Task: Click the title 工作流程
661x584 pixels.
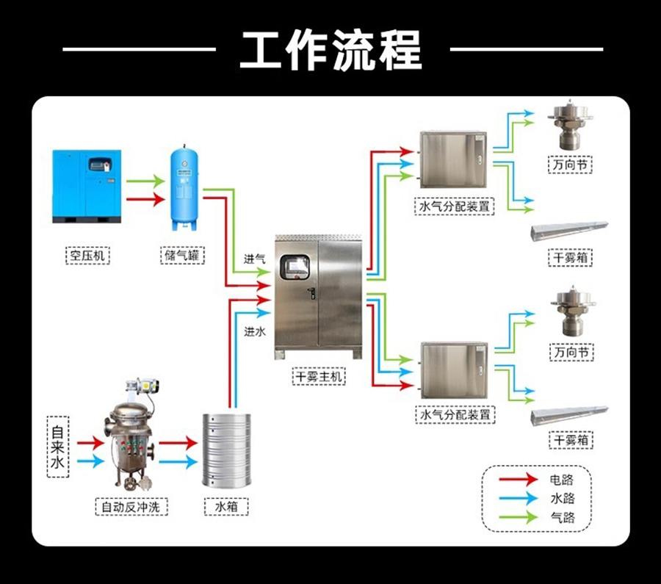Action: [x=331, y=50]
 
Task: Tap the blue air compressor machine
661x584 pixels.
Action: [x=87, y=187]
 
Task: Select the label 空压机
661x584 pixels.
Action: [x=87, y=256]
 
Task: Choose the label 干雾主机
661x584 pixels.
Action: [x=319, y=377]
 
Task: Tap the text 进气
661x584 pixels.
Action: [x=254, y=259]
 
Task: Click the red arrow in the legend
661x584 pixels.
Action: [x=517, y=480]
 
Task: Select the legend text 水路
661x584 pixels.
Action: [x=561, y=499]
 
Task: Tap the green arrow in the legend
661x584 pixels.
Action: [x=517, y=518]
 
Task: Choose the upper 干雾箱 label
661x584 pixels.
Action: [x=570, y=258]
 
